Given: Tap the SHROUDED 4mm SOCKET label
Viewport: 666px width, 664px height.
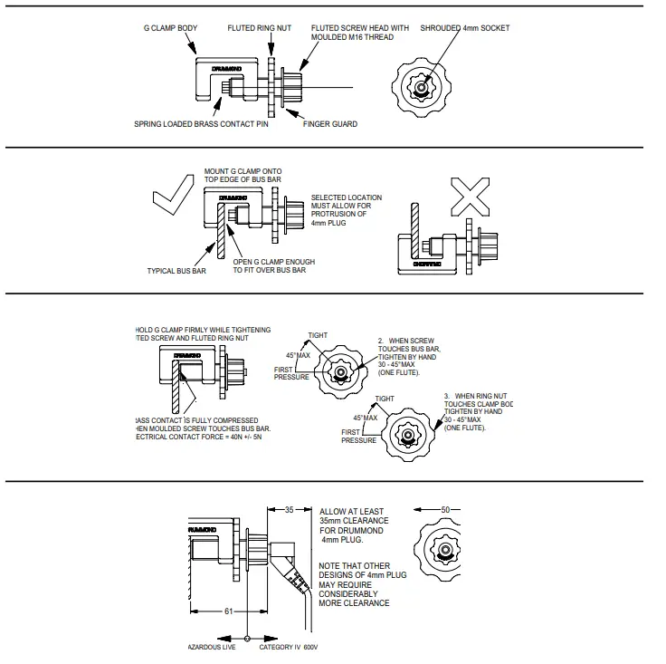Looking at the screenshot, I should pos(464,28).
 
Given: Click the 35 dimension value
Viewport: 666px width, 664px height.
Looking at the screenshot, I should pos(289,510).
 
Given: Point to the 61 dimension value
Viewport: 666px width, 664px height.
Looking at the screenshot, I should pos(229,611).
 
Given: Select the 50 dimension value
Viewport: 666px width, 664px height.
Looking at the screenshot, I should pos(443,510).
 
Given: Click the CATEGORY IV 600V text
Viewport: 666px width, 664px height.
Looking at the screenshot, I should pos(289,648).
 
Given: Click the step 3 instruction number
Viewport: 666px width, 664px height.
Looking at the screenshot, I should pos(446,396).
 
